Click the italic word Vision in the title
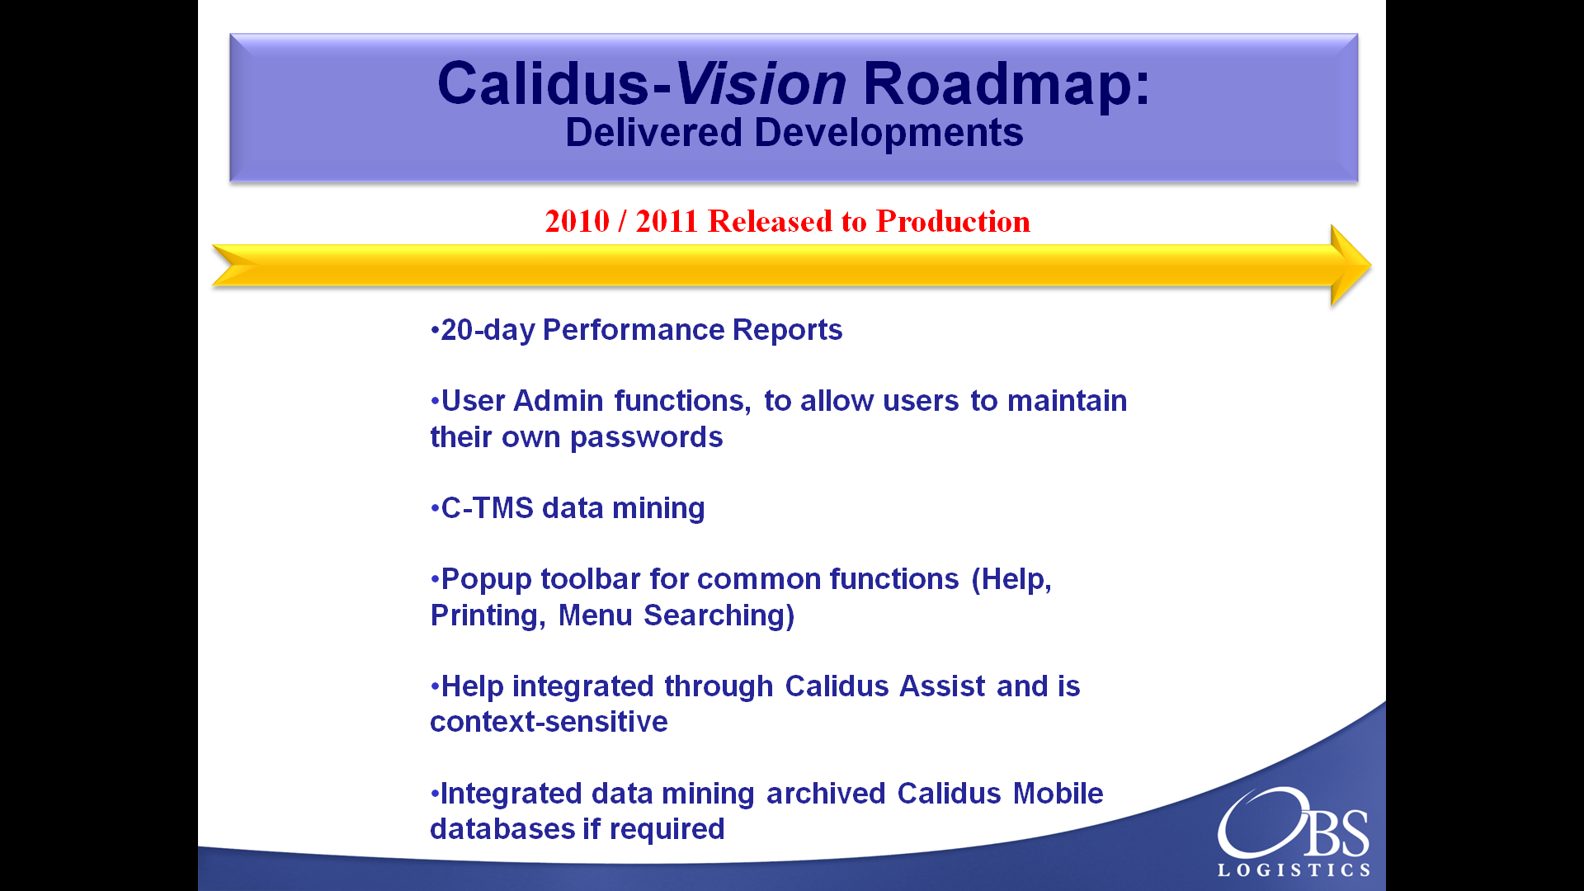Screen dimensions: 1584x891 point(760,83)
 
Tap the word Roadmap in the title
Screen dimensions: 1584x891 point(998,83)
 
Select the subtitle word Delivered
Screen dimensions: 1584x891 point(653,133)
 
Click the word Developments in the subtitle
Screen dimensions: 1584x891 point(889,134)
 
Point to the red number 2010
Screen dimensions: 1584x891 point(577,221)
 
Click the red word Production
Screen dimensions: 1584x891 point(953,221)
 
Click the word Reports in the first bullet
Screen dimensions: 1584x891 point(787,330)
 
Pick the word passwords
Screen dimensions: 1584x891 point(646,437)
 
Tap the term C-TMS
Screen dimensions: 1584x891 point(488,508)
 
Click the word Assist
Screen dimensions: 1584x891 point(942,686)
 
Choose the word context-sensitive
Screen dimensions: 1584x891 point(549,722)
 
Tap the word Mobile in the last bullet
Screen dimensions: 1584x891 point(1058,794)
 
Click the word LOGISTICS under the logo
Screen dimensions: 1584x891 point(1294,870)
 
